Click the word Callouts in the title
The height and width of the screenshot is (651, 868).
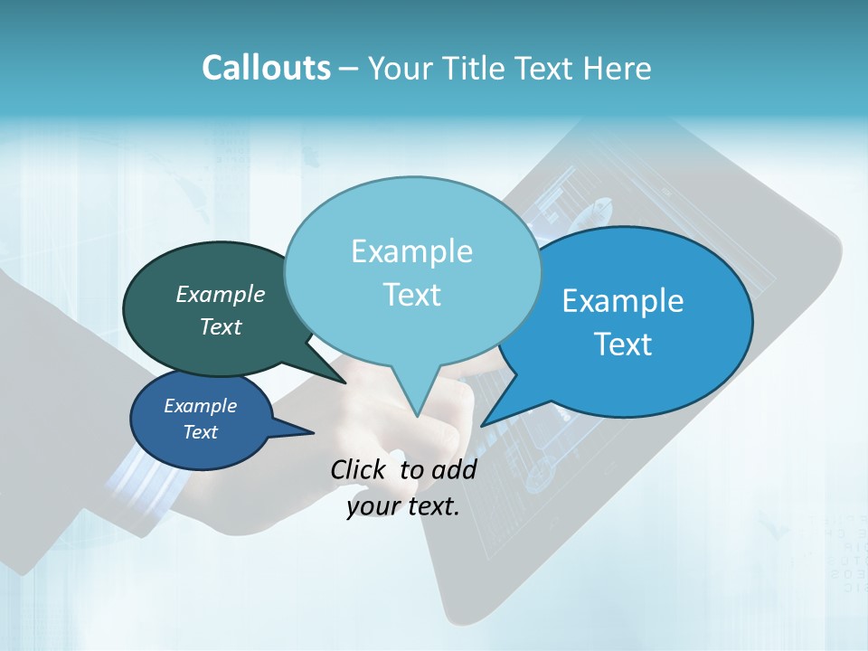(266, 69)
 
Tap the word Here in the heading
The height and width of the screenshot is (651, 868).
(617, 69)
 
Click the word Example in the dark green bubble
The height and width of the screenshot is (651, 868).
(220, 295)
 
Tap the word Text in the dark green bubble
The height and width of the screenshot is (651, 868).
(220, 327)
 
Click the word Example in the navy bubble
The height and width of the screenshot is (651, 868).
(200, 406)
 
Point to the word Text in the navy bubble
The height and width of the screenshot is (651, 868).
(200, 432)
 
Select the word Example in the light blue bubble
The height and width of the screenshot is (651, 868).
(411, 251)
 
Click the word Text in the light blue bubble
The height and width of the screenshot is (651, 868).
(411, 295)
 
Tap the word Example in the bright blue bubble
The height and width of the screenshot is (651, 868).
(623, 301)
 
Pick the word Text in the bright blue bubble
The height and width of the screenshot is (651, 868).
(623, 344)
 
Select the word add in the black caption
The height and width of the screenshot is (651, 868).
(454, 469)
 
